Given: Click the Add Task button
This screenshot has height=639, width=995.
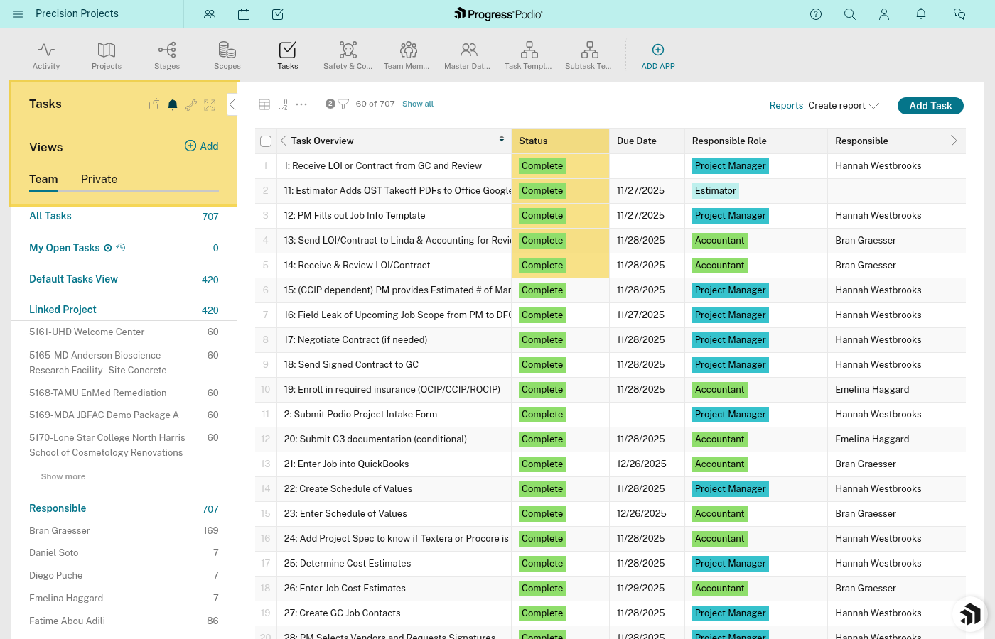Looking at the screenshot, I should click(930, 106).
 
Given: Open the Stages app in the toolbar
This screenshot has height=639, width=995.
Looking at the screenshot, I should click(167, 55).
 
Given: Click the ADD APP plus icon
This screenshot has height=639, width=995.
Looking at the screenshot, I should click(658, 50).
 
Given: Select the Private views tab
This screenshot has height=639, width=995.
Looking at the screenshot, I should click(99, 180).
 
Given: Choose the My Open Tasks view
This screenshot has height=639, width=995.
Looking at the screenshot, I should click(65, 248).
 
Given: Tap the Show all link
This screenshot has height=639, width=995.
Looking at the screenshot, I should click(418, 104).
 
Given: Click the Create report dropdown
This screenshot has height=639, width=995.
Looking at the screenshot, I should click(843, 106).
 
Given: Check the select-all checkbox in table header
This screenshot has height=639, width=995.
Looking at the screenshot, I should click(266, 141).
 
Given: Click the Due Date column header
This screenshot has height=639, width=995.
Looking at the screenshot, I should click(637, 141).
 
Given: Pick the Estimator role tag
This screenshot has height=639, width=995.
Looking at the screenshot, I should click(716, 191).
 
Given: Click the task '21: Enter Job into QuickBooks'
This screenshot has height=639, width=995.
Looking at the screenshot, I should click(346, 464).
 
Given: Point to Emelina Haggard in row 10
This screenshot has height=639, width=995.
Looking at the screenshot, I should click(872, 390).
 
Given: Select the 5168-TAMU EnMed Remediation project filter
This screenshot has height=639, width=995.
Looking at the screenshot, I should click(98, 393).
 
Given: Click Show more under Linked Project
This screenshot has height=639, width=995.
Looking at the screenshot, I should click(63, 477).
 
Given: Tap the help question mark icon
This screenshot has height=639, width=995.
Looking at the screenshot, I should click(816, 14).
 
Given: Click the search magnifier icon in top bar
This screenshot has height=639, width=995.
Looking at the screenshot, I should click(850, 14).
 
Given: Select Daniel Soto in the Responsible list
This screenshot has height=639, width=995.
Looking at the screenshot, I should click(54, 553).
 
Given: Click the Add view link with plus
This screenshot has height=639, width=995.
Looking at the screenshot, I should click(202, 146).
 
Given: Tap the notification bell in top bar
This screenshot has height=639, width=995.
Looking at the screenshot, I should click(921, 14).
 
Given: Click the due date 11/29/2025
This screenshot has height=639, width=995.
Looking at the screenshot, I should click(640, 589).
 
